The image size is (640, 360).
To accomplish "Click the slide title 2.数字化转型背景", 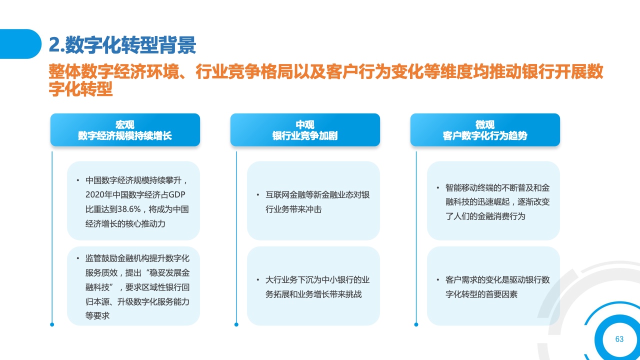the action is click(x=122, y=45).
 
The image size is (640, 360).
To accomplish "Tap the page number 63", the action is click(x=619, y=339).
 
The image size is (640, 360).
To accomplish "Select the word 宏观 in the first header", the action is click(x=125, y=124).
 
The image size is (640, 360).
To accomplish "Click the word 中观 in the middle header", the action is click(x=305, y=124).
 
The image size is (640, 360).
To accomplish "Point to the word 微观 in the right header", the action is click(x=485, y=124).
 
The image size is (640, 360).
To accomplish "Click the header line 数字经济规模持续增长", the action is click(x=125, y=135).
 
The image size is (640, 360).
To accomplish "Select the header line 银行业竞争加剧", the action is click(x=305, y=135).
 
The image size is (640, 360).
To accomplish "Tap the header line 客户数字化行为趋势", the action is click(x=485, y=135).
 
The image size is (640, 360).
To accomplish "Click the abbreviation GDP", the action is click(x=177, y=195).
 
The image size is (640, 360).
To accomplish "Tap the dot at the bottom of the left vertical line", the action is click(x=52, y=324).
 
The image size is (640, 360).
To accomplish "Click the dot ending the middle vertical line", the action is click(x=236, y=324).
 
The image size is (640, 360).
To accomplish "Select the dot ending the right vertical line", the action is click(x=416, y=324).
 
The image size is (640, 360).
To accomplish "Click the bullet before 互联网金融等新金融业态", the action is click(x=257, y=195).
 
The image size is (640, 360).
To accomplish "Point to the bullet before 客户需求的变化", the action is click(x=437, y=279).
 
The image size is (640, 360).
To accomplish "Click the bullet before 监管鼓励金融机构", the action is click(x=77, y=258).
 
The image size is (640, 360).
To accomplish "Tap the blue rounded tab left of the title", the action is click(x=20, y=44).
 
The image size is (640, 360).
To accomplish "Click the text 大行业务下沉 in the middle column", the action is click(x=289, y=279).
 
